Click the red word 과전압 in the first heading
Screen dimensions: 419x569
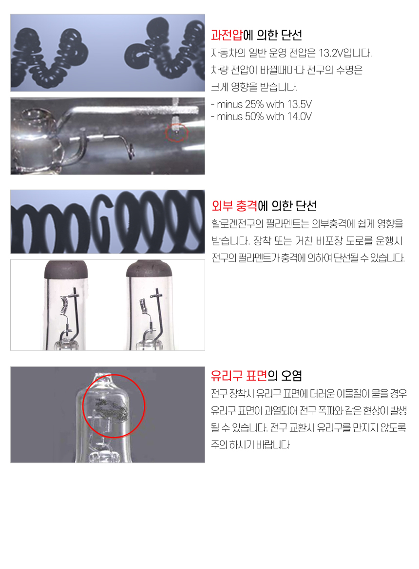(x=227, y=35)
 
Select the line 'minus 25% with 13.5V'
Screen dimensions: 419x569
(x=261, y=105)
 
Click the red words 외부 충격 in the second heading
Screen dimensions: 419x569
(x=234, y=206)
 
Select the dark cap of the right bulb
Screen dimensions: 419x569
(x=149, y=270)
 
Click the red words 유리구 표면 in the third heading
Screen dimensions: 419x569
(x=239, y=376)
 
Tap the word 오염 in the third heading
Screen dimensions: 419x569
(x=291, y=376)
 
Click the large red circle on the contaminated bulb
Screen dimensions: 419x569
(x=83, y=406)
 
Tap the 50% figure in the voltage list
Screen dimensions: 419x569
(x=254, y=116)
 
